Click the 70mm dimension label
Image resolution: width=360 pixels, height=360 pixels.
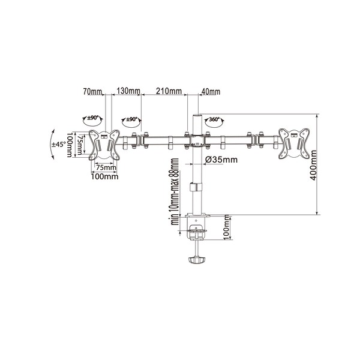point(92,92)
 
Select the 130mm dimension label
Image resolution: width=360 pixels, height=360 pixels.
point(128,91)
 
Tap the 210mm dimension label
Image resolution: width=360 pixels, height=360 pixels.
point(169,91)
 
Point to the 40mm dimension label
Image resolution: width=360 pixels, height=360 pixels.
point(211,92)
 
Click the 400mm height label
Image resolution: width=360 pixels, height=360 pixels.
point(313,165)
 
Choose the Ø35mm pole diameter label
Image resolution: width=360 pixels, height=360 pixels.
point(221,160)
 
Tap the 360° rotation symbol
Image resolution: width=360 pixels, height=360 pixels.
point(214,122)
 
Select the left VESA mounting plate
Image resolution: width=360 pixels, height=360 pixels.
point(104,145)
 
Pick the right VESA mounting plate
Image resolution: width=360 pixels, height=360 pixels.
point(294,143)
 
